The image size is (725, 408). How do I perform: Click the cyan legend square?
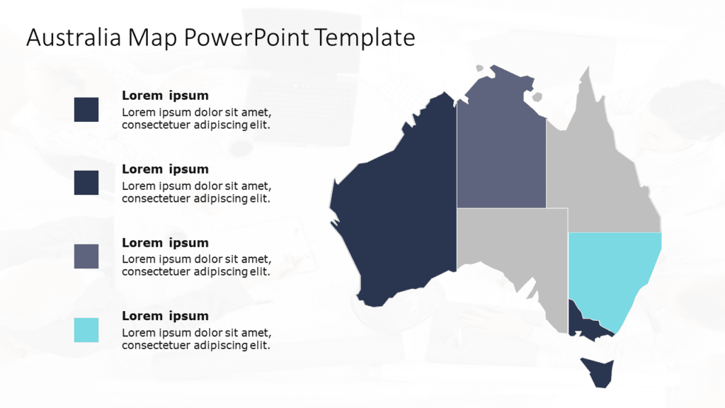click(86, 330)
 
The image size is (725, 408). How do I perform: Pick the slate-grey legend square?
click(86, 256)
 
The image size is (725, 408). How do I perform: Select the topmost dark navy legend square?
click(86, 110)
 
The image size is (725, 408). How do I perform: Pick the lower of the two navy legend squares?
click(86, 183)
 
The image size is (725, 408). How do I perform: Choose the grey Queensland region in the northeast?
click(602, 177)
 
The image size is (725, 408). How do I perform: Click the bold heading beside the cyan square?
click(165, 316)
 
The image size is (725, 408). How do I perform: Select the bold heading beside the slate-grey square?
click(165, 243)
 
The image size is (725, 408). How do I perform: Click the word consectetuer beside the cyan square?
click(155, 346)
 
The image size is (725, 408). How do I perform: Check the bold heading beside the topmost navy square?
click(165, 96)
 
